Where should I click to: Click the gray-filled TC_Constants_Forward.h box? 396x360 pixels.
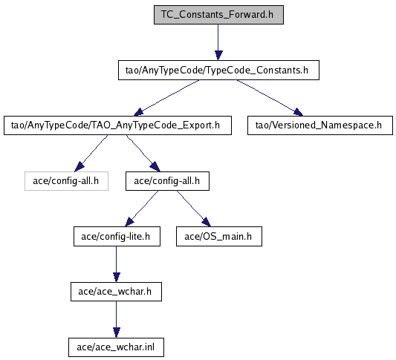218,15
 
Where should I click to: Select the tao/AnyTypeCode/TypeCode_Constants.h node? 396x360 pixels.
218,70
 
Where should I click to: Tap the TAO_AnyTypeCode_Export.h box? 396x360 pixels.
117,125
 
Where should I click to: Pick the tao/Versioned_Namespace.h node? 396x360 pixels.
320,125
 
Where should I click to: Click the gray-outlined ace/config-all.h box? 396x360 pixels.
66,181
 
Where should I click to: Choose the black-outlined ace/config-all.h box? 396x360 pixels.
167,181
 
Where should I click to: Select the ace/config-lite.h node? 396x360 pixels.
117,236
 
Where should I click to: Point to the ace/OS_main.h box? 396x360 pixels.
219,236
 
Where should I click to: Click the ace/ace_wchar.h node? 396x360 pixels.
116,292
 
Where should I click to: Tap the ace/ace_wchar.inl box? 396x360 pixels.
116,347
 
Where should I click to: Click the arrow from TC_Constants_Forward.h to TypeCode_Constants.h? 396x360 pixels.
218,42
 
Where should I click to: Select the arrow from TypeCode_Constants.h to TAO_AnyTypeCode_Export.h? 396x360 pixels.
166,98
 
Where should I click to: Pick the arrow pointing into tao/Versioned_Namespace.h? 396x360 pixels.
270,98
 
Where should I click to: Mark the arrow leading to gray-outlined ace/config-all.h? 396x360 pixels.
91,154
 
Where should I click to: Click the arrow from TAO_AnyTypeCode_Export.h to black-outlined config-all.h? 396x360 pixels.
143,154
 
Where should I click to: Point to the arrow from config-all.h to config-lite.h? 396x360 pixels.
142,209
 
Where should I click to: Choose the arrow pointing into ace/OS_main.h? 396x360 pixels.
194,209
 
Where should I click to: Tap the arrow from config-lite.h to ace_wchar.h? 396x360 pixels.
116,264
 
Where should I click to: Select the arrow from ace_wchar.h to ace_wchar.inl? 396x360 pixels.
116,319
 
